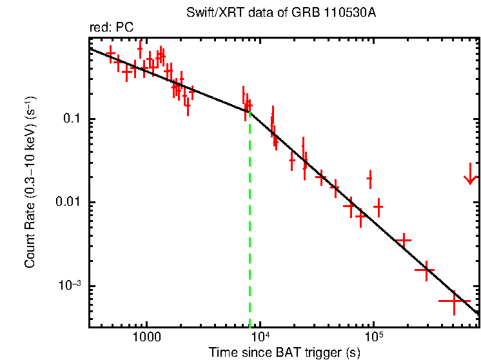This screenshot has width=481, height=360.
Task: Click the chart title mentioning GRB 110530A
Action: pos(280,13)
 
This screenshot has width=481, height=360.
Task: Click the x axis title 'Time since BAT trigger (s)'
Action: pos(284,353)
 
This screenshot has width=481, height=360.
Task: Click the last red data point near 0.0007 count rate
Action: pos(454,301)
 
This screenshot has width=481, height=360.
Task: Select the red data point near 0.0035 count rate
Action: pos(404,240)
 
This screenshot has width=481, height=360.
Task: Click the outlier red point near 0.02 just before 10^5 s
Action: pos(370,178)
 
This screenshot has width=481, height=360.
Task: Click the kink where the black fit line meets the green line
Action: pos(250,112)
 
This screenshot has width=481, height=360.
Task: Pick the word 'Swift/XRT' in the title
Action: pos(208,13)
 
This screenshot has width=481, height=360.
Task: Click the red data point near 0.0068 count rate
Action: pos(360,216)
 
